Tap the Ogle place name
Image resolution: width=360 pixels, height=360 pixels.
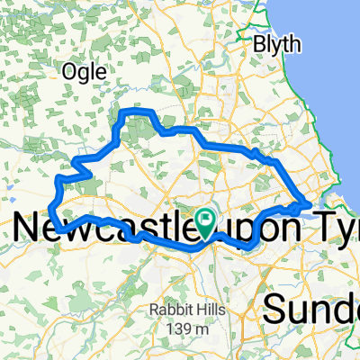tap(85, 70)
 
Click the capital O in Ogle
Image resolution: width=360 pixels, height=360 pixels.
tap(67, 70)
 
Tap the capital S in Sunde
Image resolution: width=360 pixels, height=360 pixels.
tap(274, 310)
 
